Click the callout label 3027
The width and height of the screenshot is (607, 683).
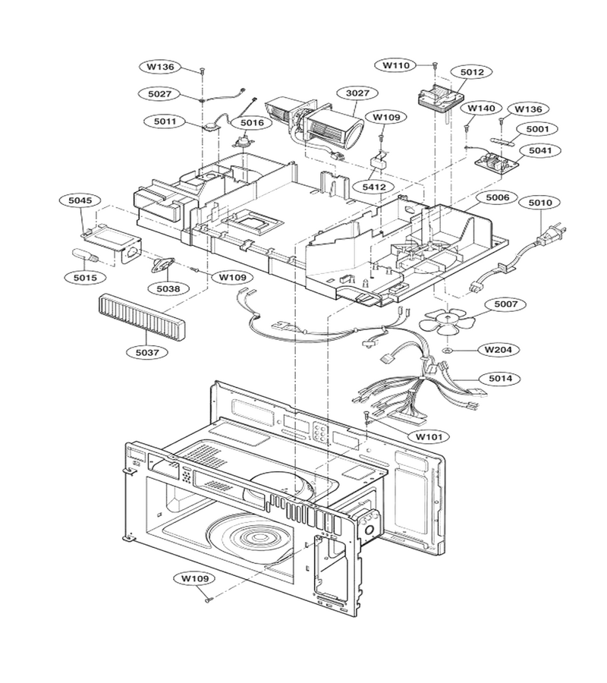tap(357, 93)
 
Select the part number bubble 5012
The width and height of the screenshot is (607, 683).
tap(472, 72)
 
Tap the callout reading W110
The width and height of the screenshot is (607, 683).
tap(396, 65)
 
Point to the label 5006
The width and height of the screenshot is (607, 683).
tap(497, 197)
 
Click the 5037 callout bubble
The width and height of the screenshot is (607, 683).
tap(146, 351)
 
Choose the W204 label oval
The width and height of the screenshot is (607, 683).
tap(498, 349)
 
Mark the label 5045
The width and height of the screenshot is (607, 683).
tap(80, 200)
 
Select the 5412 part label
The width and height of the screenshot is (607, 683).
tap(374, 187)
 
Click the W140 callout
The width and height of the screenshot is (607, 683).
tap(481, 108)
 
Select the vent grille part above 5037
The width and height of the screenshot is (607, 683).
tap(140, 316)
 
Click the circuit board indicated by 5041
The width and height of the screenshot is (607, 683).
tap(497, 162)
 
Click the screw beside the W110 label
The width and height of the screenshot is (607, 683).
tap(435, 65)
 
